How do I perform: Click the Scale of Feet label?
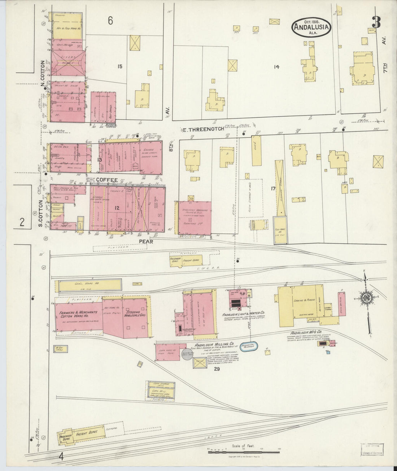[244, 446]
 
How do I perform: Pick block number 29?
[217, 369]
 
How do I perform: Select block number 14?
[277, 66]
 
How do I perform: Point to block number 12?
[117, 208]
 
